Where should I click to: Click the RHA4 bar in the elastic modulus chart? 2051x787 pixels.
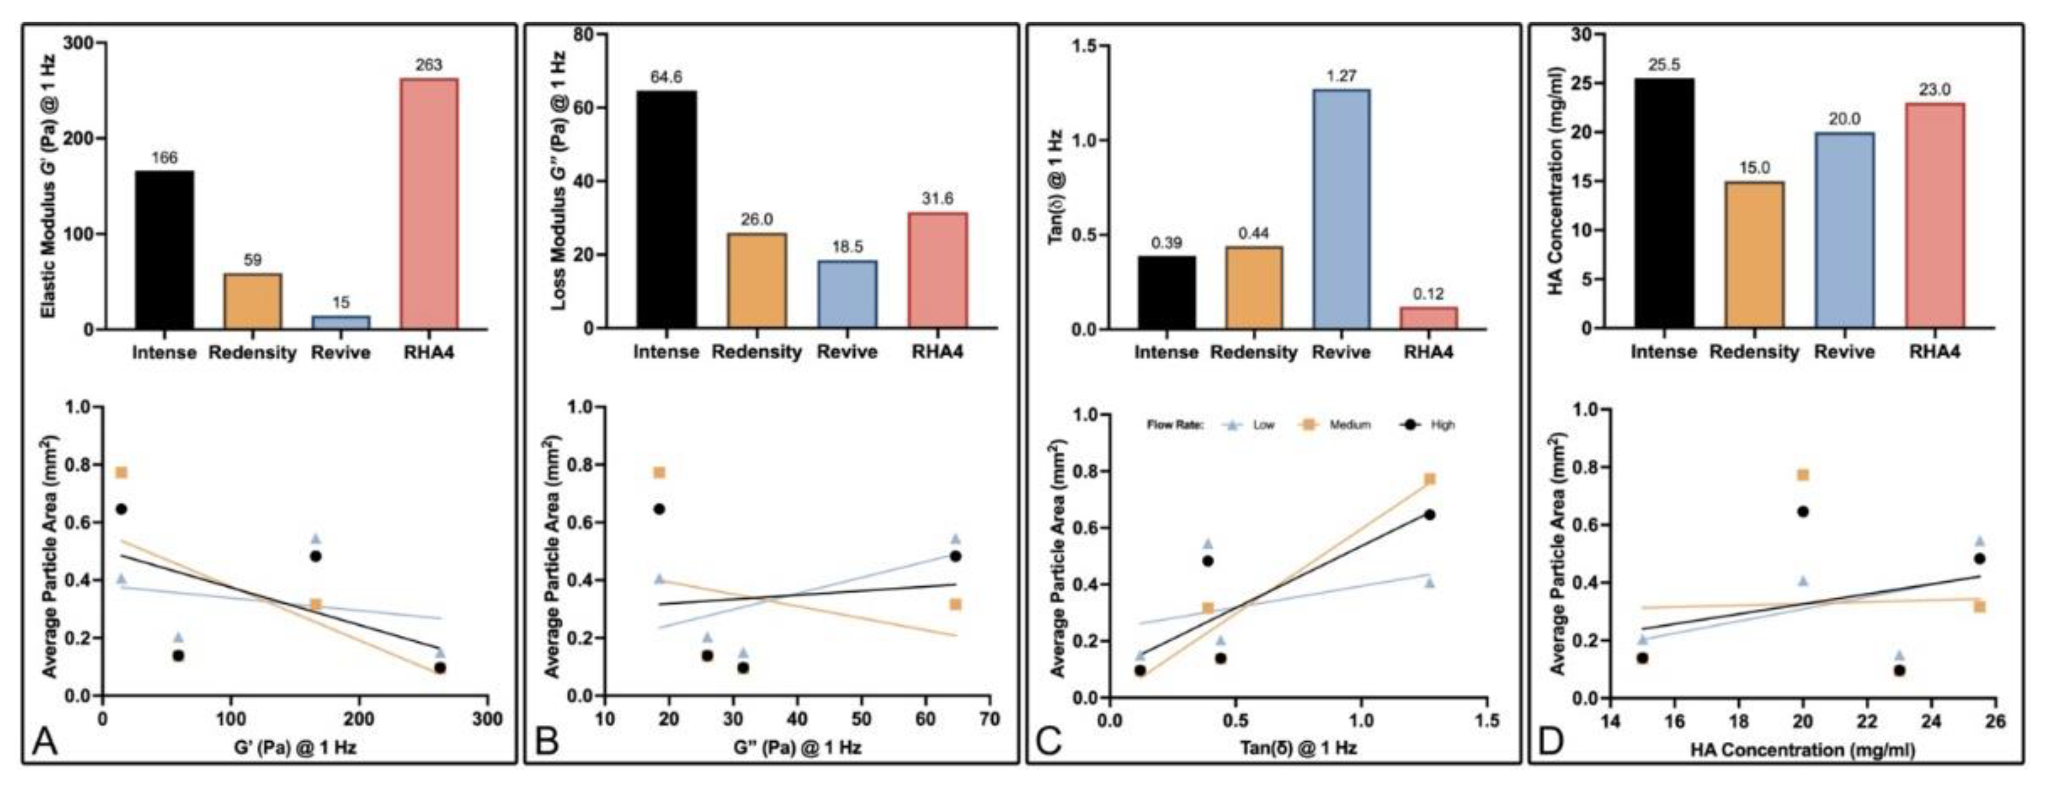click(x=429, y=203)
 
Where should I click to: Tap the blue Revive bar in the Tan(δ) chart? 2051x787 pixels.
click(x=1340, y=209)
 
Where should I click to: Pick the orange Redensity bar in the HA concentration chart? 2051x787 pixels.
click(x=1754, y=254)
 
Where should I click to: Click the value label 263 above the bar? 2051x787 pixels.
click(x=429, y=65)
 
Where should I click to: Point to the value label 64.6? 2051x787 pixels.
click(x=667, y=77)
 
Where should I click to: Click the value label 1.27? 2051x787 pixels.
click(x=1340, y=76)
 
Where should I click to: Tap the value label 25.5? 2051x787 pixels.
click(x=1664, y=65)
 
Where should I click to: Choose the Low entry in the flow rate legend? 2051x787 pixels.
click(x=1263, y=425)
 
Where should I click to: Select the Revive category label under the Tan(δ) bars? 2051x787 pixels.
click(x=1340, y=352)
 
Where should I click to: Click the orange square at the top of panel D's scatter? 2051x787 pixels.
click(x=1803, y=475)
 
